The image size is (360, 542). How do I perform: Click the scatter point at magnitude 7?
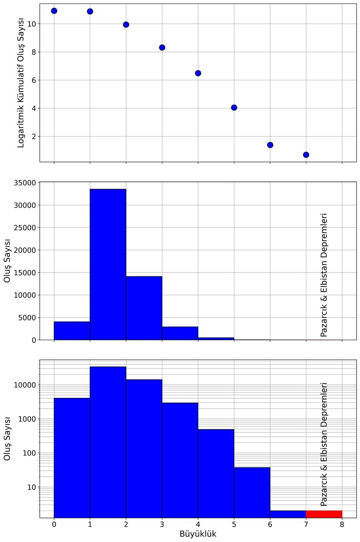pos(306,155)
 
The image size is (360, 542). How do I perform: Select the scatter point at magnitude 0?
pos(54,10)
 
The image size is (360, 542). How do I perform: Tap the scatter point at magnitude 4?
pos(198,73)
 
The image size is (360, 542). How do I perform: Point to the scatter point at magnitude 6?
pos(270,145)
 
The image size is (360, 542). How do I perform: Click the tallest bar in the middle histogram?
pos(108,264)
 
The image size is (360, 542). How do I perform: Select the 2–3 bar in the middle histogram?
pos(144,308)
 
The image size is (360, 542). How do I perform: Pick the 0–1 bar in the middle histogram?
pos(72,331)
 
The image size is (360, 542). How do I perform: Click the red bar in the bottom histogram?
pos(324,514)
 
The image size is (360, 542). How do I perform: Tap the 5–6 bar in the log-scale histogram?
pos(252,492)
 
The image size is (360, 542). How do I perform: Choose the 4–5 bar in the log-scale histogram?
pos(216,473)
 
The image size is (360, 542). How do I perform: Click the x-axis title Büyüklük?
pos(198,534)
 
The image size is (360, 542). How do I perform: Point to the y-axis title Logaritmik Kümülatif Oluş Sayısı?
pos(21,83)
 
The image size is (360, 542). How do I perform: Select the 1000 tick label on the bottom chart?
pos(27,419)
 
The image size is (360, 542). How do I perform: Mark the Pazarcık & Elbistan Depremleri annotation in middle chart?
pos(324,275)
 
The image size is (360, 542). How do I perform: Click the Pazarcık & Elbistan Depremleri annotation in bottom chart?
pos(324,444)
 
